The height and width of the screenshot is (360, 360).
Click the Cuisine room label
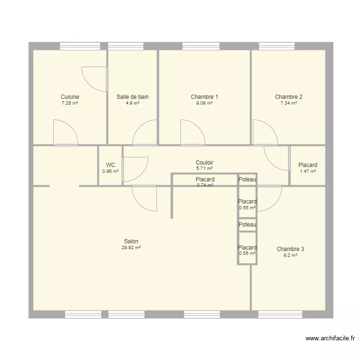click(70, 97)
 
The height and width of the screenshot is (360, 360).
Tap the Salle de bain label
click(132, 97)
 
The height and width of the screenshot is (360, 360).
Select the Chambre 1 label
click(204, 97)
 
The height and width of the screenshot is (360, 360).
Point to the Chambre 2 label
click(288, 97)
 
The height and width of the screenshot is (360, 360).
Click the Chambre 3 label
click(290, 249)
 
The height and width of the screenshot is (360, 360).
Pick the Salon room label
click(131, 241)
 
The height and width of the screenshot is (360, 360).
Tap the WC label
click(110, 165)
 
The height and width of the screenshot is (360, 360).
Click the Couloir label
click(204, 163)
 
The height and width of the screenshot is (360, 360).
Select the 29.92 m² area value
click(131, 248)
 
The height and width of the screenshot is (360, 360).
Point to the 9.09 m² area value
click(204, 103)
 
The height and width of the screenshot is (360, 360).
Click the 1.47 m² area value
click(308, 171)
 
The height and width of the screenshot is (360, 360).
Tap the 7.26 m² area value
click(70, 103)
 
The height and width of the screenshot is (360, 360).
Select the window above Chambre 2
click(277, 46)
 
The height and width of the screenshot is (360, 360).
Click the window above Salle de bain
click(126, 46)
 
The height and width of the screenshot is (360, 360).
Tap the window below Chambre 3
click(280, 314)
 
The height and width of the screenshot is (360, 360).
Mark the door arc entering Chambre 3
click(268, 198)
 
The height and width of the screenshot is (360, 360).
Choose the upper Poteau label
click(248, 180)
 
